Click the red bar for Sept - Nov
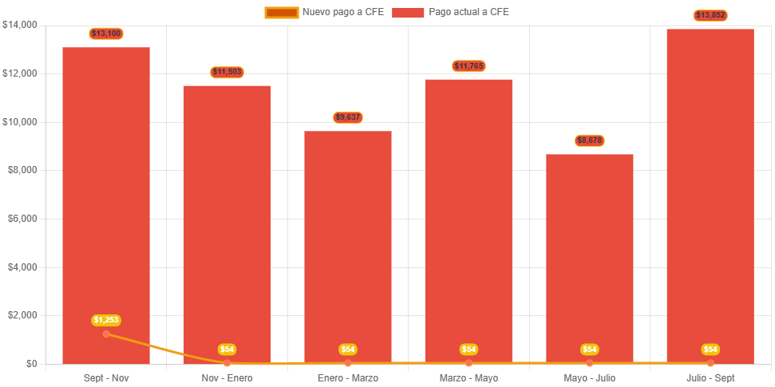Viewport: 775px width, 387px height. coord(106,199)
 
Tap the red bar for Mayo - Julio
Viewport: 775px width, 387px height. coord(590,255)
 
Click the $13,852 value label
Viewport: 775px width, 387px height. coord(710,15)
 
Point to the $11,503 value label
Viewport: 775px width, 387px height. coord(227,72)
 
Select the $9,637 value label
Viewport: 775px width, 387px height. coord(348,117)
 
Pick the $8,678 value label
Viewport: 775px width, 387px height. coord(590,140)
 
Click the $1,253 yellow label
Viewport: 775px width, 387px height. coord(106,320)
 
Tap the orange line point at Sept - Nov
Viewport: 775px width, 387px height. coord(106,334)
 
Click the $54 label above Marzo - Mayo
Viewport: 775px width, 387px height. coord(469,349)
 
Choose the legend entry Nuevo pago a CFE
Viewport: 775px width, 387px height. coord(325,12)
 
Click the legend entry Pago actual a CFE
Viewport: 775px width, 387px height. coord(451,12)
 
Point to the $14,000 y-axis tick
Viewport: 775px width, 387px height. coord(20,25)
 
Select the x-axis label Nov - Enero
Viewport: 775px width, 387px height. coord(227,377)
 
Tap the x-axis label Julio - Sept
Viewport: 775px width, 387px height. coord(710,377)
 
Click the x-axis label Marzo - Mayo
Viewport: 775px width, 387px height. coord(469,377)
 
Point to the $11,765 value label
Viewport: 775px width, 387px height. coord(469,65)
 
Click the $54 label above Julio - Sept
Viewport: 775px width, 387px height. coord(710,349)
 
